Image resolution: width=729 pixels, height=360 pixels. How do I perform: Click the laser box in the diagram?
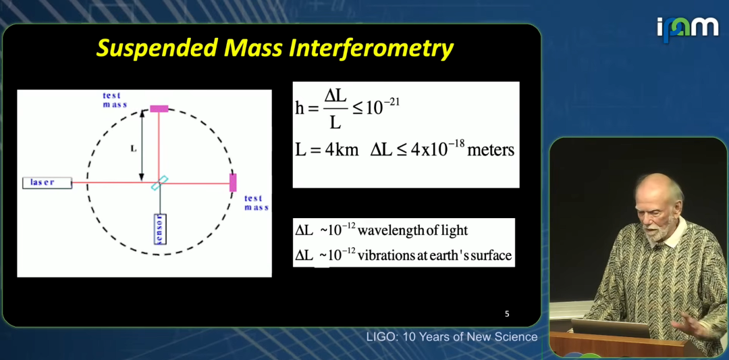tap(47, 183)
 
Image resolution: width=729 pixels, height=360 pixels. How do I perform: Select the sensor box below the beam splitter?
tap(160, 229)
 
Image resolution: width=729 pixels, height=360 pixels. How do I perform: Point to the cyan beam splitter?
tap(159, 183)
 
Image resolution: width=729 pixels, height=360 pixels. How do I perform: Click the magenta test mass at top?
tap(159, 109)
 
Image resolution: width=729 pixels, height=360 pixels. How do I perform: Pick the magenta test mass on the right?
tap(233, 183)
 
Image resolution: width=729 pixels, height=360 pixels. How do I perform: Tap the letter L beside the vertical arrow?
tap(134, 149)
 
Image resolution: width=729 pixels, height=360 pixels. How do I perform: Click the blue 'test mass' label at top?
tap(115, 100)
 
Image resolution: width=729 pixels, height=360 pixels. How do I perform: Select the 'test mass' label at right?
tap(256, 203)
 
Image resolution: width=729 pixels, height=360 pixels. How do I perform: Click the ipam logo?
tap(687, 29)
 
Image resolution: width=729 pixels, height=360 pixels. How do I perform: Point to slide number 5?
tap(507, 314)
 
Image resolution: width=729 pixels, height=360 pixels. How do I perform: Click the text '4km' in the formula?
tap(342, 150)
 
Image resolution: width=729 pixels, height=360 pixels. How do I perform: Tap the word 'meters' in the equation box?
tap(491, 150)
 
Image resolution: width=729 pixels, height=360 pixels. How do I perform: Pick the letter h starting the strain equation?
tap(300, 108)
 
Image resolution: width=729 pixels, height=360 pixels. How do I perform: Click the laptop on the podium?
tap(610, 328)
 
